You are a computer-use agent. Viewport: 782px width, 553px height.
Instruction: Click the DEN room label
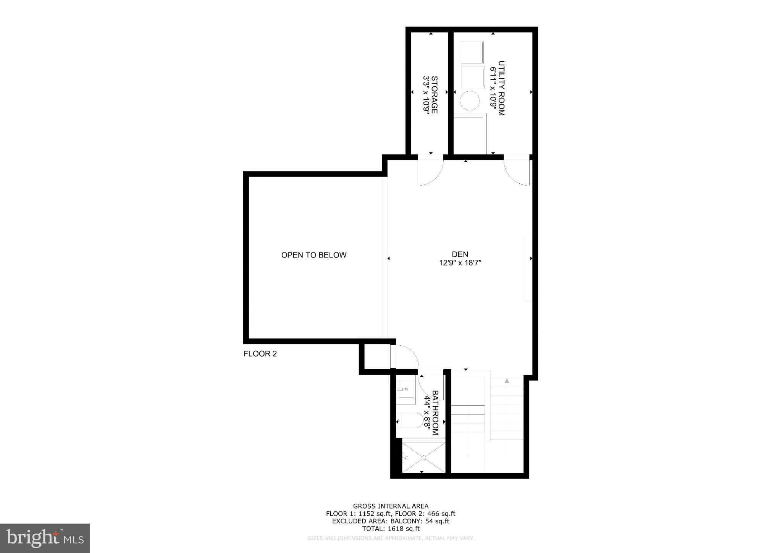460,254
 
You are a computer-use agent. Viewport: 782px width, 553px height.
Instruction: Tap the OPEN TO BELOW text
314,255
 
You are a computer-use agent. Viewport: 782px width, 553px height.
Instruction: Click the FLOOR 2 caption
260,354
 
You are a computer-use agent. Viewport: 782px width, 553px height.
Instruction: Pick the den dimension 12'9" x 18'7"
460,263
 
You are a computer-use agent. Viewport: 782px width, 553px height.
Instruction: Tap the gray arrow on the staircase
507,381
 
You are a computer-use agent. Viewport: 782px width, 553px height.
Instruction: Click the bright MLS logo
45,538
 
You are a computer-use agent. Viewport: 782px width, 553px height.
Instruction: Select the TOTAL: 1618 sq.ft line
391,529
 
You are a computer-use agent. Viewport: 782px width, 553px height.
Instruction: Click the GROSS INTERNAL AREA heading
391,506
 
